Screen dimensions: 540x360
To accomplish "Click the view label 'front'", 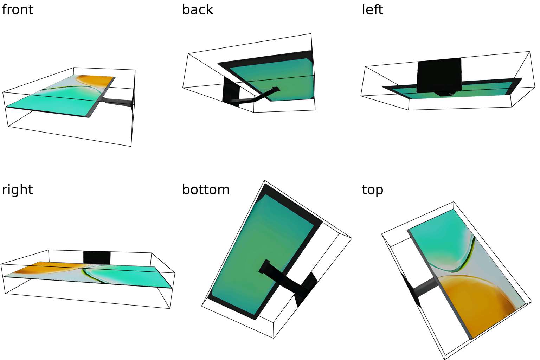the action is (x=17, y=10).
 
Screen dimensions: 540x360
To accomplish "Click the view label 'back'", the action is (x=198, y=10).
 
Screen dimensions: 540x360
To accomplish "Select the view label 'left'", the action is (x=372, y=10).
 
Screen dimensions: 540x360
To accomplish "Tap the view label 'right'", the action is (x=17, y=189).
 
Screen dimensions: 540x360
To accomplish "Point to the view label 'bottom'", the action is (x=206, y=189).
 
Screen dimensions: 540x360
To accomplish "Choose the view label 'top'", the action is (x=372, y=190).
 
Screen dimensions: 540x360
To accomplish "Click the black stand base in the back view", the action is (x=231, y=92).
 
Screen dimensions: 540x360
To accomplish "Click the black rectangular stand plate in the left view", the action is (x=439, y=75).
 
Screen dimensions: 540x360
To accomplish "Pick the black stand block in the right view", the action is (x=97, y=258).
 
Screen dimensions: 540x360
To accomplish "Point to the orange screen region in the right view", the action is (x=48, y=267).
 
